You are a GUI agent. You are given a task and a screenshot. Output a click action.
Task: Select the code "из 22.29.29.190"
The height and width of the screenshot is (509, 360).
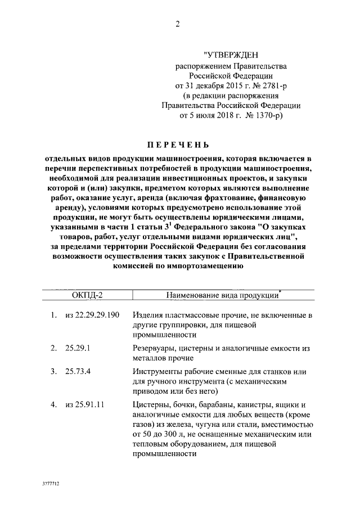(92, 315)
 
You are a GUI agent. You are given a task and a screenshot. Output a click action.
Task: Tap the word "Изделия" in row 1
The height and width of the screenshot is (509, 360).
(148, 315)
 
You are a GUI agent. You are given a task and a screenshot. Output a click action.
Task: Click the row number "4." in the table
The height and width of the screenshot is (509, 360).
(52, 404)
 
